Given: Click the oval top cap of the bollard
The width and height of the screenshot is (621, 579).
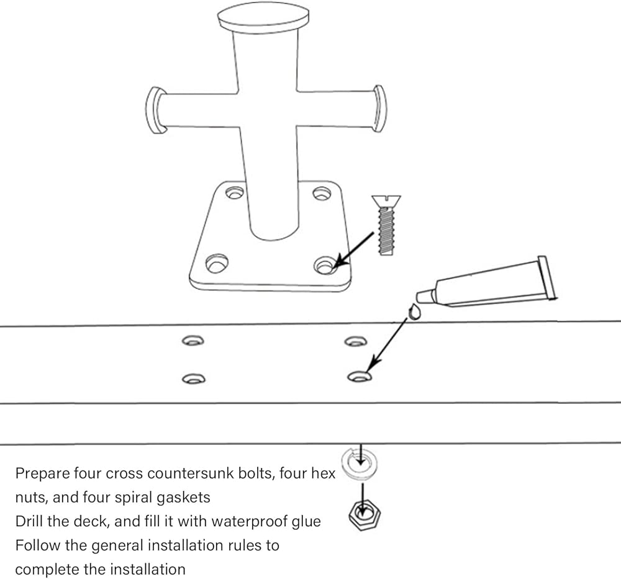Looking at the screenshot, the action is (263, 16).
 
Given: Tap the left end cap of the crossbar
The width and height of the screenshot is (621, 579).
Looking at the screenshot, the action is (155, 110).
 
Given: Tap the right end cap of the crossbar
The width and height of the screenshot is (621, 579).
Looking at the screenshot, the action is (379, 108).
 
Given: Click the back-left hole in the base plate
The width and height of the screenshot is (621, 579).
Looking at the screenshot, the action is (234, 192).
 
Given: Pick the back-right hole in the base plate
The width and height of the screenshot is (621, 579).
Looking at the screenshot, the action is (320, 192).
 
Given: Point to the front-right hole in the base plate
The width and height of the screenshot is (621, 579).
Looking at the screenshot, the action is (324, 265).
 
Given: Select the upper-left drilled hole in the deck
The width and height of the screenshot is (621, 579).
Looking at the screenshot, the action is (193, 340).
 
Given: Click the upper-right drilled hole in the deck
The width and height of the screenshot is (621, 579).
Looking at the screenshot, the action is (355, 341).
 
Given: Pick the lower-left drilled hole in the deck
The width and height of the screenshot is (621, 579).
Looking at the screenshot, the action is (194, 377).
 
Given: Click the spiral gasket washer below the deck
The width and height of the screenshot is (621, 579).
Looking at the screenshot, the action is (360, 462).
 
